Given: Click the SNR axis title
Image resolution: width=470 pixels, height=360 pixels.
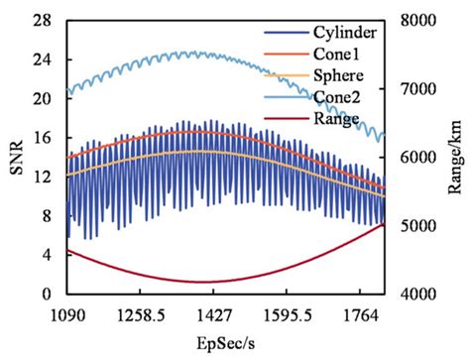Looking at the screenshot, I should click(14, 157).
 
